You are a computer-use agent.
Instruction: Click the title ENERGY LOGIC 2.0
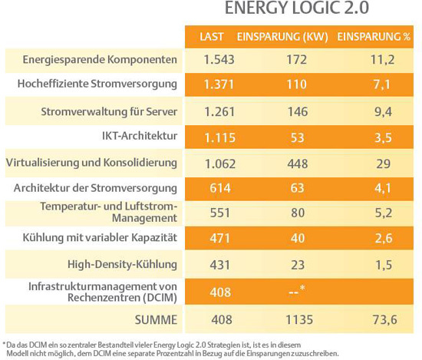click(297, 8)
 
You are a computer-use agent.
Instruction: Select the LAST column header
click(212, 37)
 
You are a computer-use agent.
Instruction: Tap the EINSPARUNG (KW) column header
click(282, 37)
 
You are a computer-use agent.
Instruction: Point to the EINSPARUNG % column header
click(374, 37)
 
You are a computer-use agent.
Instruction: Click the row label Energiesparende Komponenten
click(100, 60)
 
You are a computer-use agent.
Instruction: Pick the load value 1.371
click(219, 84)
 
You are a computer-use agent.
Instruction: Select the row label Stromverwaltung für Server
click(109, 111)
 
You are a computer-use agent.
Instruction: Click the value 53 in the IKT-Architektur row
click(297, 137)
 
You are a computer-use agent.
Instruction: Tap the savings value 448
click(298, 163)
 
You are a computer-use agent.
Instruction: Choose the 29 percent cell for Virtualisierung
click(383, 163)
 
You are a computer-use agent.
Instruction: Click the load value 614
click(220, 188)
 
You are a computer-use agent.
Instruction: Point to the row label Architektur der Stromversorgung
click(95, 188)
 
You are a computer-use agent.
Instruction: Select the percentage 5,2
click(383, 213)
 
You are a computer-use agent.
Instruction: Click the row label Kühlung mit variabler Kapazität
click(100, 237)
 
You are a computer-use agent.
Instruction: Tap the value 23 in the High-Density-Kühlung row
click(298, 265)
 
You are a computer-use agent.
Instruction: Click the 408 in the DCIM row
click(220, 292)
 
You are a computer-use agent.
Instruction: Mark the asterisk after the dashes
click(302, 288)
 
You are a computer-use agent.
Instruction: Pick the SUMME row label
click(156, 320)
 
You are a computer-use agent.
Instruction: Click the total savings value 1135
click(299, 320)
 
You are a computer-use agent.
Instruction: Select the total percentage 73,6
click(385, 320)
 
